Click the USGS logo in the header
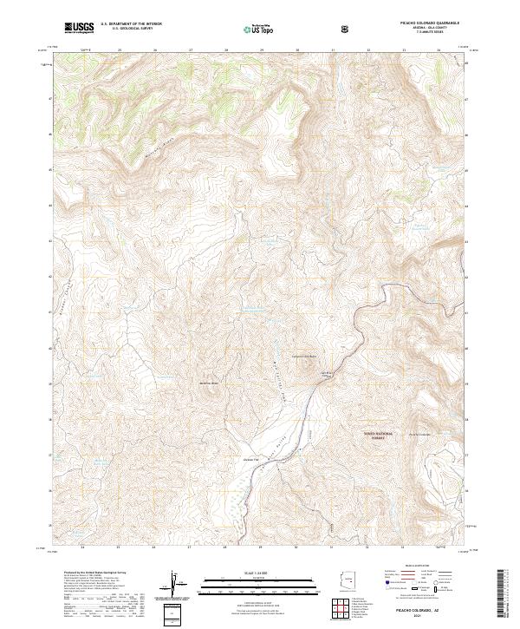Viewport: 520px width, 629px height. point(80,29)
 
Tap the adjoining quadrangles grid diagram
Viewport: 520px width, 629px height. point(346,610)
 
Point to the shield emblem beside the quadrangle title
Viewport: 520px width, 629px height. point(346,29)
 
